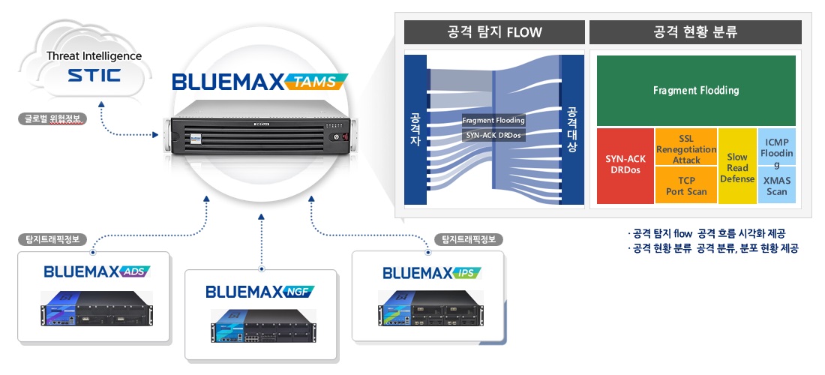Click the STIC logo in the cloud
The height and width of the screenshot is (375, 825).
tap(94, 76)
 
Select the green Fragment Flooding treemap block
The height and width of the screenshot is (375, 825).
tap(695, 91)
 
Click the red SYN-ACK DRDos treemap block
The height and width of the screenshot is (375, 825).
tap(625, 166)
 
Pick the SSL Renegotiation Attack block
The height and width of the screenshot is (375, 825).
tap(685, 149)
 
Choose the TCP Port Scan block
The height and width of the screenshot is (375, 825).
tap(685, 186)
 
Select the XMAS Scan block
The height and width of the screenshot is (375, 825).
tap(776, 185)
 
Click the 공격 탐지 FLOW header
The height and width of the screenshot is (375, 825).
tap(494, 32)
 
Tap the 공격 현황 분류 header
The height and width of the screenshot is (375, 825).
tap(695, 32)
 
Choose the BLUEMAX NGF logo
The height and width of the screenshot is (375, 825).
tap(259, 290)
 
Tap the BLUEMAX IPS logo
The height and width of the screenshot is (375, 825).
tap(431, 271)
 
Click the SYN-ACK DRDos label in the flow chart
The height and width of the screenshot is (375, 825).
tap(492, 136)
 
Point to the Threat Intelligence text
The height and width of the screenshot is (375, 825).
tap(94, 55)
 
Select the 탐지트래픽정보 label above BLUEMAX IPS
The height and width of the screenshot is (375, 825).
tap(468, 240)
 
